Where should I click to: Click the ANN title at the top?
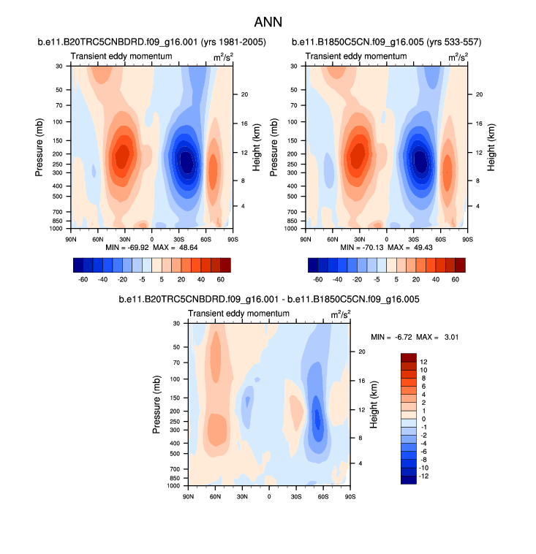coord(268,23)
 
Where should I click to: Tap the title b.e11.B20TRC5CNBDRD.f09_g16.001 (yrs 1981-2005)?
coord(151,42)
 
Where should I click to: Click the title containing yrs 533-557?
coord(386,42)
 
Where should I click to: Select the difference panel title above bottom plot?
coord(268,300)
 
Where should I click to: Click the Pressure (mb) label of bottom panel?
coord(157,404)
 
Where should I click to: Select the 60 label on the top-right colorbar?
coord(456,279)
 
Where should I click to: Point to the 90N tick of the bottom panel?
coord(188,496)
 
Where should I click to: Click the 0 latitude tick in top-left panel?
coord(151,238)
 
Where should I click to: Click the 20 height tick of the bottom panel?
coord(361,352)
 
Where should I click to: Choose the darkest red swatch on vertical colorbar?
coord(409,357)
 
